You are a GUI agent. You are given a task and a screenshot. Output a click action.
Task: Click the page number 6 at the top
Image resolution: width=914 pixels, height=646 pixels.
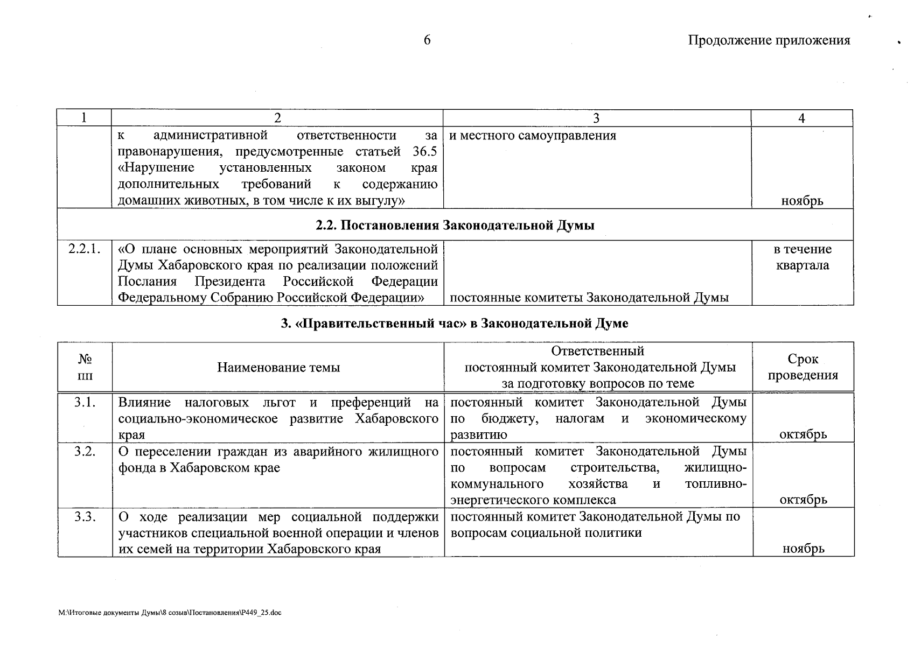click(427, 40)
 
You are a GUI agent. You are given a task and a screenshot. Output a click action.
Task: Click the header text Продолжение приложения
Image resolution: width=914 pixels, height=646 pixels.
click(769, 40)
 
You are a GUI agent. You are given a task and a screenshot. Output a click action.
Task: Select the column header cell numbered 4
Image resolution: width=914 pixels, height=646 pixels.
click(801, 118)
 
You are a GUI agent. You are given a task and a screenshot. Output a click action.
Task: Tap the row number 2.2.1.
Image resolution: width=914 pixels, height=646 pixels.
click(85, 249)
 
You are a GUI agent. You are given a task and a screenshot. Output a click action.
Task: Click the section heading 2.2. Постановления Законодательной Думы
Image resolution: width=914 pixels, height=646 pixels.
click(455, 225)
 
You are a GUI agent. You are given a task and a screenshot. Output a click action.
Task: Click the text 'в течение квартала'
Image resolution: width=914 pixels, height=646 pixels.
click(802, 257)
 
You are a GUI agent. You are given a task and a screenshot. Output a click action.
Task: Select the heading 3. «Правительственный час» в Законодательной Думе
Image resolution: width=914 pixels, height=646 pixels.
click(455, 324)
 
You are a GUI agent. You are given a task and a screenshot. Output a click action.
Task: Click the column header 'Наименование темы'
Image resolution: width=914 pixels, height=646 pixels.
click(278, 368)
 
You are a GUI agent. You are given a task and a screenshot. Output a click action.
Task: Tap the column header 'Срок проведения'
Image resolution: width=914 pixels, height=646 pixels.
click(803, 367)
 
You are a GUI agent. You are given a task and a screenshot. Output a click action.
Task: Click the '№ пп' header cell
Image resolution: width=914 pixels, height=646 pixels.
click(85, 367)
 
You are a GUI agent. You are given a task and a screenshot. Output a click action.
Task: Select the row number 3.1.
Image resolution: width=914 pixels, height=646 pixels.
click(85, 402)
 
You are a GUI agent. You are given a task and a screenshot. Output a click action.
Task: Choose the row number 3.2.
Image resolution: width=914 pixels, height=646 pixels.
click(85, 452)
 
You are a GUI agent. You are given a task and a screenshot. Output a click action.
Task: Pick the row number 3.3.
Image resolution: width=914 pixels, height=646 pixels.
click(85, 517)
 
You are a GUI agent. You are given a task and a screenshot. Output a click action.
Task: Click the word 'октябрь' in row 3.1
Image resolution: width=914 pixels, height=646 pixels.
click(803, 434)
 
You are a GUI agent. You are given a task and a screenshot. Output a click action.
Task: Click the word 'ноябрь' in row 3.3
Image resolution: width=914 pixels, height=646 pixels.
click(803, 549)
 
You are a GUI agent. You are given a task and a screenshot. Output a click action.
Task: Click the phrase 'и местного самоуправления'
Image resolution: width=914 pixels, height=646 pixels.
click(532, 136)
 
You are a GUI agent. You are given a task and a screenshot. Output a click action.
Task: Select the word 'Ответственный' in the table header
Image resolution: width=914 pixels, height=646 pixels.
click(597, 351)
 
